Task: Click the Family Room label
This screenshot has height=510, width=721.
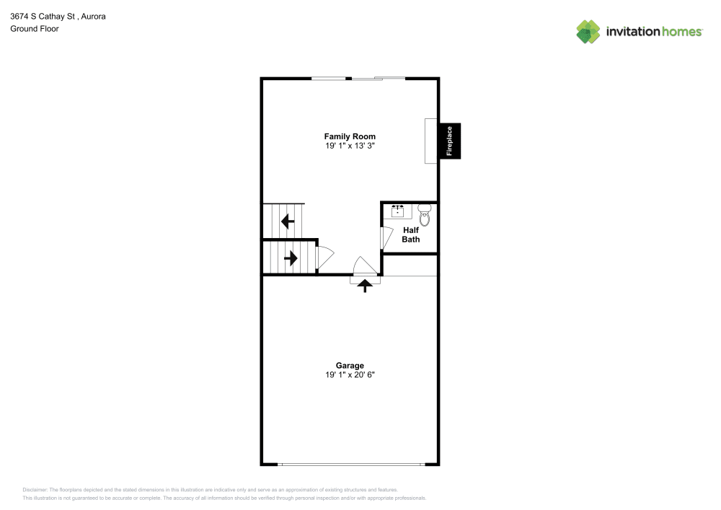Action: click(x=350, y=136)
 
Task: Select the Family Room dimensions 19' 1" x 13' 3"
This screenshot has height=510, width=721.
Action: click(x=350, y=146)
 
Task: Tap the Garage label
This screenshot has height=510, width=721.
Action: click(x=350, y=366)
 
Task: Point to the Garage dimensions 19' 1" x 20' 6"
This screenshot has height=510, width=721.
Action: click(x=350, y=375)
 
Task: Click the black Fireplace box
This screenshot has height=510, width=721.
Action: click(x=450, y=141)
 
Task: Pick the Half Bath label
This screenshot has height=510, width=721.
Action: click(x=411, y=234)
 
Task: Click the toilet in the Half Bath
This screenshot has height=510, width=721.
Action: click(x=425, y=215)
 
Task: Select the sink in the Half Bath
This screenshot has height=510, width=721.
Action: click(x=398, y=211)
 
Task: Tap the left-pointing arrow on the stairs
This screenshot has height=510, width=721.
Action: click(x=288, y=221)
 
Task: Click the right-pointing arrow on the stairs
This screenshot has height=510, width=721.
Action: click(x=291, y=258)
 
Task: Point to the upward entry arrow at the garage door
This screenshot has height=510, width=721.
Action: click(x=365, y=286)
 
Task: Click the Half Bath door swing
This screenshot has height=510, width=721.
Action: click(x=386, y=238)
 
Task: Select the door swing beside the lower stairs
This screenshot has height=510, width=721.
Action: click(x=324, y=258)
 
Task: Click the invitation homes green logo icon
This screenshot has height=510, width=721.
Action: click(x=588, y=32)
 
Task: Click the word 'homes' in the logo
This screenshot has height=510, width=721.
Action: click(x=682, y=32)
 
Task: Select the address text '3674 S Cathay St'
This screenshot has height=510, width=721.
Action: click(x=43, y=17)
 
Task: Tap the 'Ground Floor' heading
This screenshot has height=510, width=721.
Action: click(x=35, y=29)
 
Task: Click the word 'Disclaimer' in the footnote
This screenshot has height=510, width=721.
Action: click(x=35, y=490)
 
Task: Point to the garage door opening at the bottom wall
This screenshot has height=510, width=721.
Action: click(x=351, y=465)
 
